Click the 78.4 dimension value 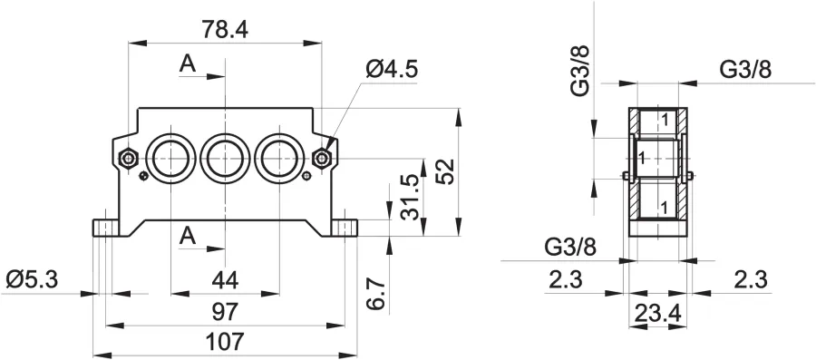coord(226,31)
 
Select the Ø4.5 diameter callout coord(392,69)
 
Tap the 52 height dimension coord(446,171)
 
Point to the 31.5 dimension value coord(411,197)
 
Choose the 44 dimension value coord(226,281)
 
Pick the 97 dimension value coord(225,312)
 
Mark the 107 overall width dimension coord(225,342)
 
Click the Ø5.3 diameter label coord(32,280)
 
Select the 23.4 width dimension coord(658,313)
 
